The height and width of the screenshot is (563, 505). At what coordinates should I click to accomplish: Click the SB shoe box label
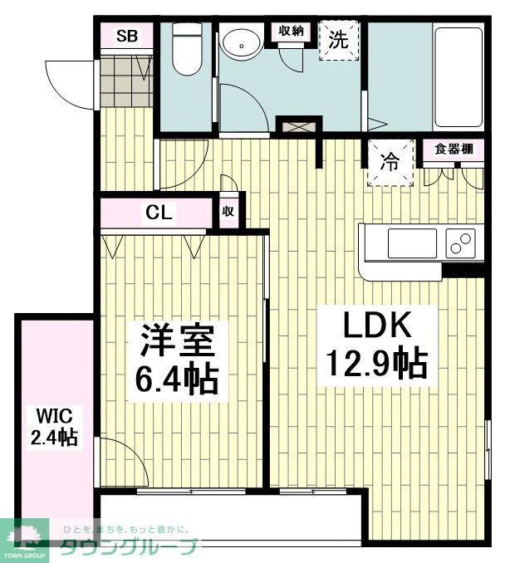point(127,36)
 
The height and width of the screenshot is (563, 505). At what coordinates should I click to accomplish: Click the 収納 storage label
point(289,31)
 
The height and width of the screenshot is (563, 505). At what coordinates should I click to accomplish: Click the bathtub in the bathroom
point(458,75)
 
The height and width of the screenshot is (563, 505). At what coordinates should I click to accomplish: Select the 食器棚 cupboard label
point(454,149)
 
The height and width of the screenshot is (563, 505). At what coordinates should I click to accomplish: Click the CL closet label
point(159,213)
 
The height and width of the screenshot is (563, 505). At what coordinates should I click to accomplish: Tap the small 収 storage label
point(228,212)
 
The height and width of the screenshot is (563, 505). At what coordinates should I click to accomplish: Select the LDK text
point(364,324)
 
